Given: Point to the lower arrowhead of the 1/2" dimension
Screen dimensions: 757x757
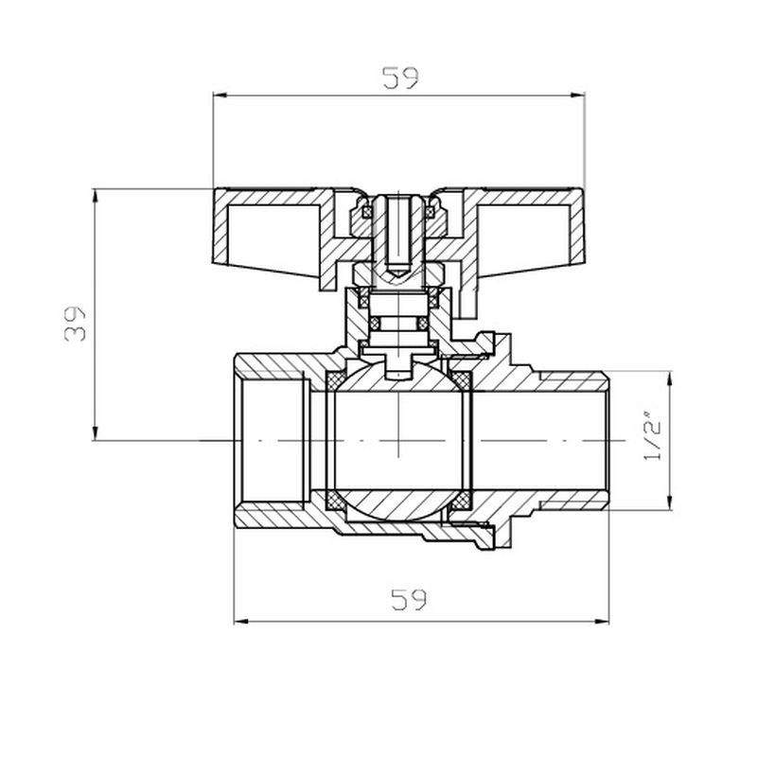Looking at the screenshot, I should pyautogui.click(x=671, y=502).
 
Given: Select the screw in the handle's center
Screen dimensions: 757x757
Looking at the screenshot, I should pyautogui.click(x=399, y=237).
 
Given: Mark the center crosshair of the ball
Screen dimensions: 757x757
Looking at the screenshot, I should pyautogui.click(x=400, y=441).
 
